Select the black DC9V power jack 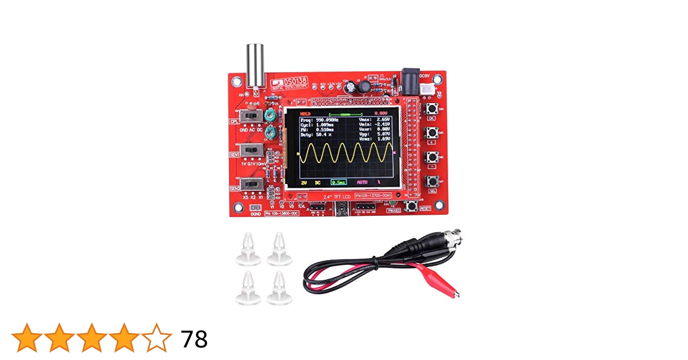point(410,82)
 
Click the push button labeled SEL point(432,181)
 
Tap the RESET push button point(411,206)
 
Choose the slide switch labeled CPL point(251,116)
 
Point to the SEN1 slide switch point(251,149)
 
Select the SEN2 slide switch point(251,184)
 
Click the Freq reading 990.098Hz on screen point(327,120)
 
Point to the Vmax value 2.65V point(383,119)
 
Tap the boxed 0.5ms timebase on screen point(339,182)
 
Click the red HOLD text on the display point(305,114)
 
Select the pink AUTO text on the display point(362,182)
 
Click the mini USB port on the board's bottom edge point(341,209)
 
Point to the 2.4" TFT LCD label point(336,197)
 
